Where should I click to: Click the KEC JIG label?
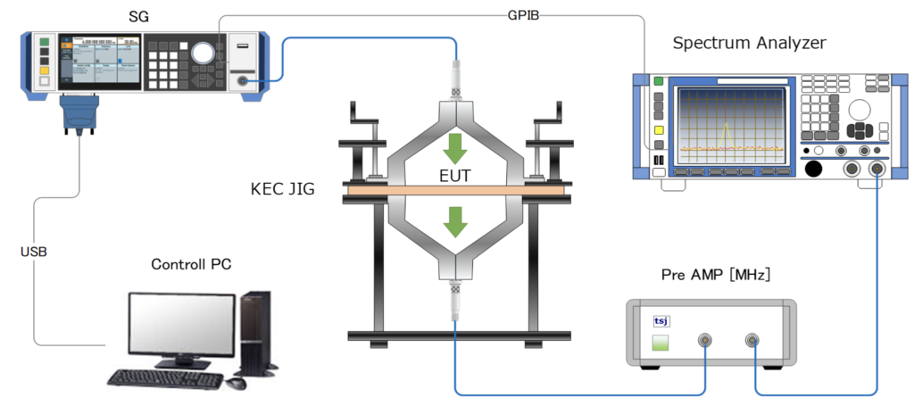click(283, 190)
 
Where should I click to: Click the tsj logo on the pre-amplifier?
click(660, 319)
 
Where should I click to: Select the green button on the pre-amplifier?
click(661, 343)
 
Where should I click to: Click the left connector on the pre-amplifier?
click(706, 340)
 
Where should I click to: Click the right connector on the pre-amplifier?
click(752, 340)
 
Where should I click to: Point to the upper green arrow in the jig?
click(456, 143)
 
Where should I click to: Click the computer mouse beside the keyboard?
click(236, 384)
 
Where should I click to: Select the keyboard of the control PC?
click(170, 380)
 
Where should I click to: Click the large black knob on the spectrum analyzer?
click(813, 170)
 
